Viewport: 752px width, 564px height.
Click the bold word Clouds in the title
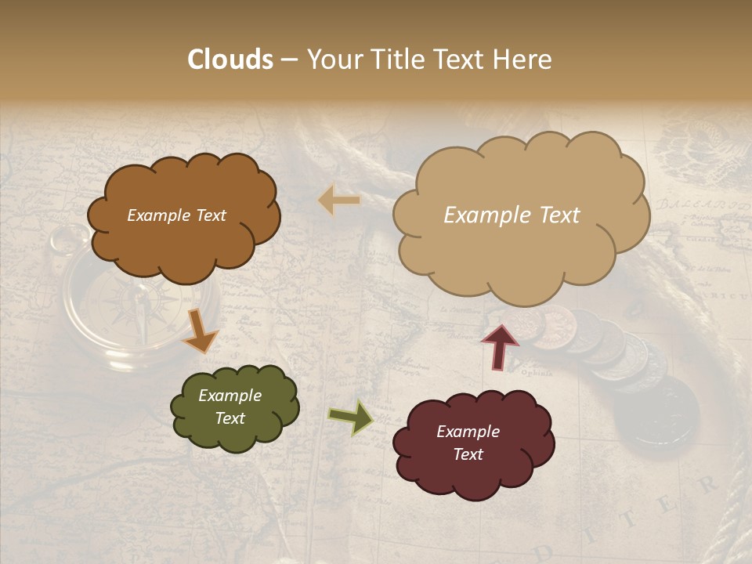point(230,60)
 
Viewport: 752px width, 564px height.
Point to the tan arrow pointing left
point(339,201)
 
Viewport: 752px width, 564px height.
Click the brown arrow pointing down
point(201,331)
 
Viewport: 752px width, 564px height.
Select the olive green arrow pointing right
point(351,417)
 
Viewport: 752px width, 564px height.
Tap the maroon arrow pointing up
point(500,345)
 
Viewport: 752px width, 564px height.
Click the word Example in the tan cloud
point(479,215)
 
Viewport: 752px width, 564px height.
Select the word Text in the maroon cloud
point(468,454)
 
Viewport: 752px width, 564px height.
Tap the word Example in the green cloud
point(230,396)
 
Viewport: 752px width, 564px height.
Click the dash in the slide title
point(289,60)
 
